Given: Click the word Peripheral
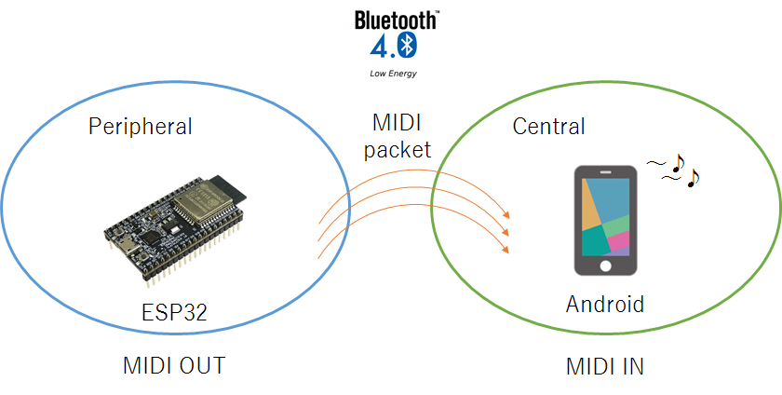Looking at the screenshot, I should (140, 126).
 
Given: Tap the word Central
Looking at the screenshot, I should (549, 126).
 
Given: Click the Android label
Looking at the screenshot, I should (604, 304).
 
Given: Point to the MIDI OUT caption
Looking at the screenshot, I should (173, 365).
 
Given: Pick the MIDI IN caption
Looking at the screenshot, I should (604, 365).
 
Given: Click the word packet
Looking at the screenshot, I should (398, 149).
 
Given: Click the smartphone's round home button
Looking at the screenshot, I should (606, 266).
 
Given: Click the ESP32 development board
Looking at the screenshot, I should (177, 224).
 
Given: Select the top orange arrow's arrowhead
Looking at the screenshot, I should (506, 214).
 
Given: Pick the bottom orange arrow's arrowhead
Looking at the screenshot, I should (506, 249).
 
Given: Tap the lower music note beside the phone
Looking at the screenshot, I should (692, 178).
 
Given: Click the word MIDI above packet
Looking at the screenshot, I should (398, 123).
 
